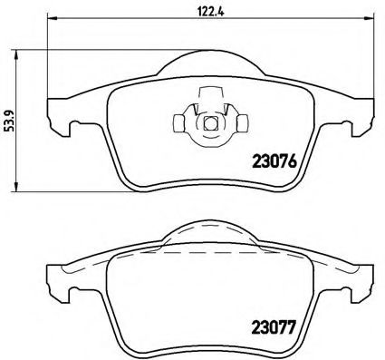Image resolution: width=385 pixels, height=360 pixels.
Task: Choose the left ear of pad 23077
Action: [56, 279]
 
